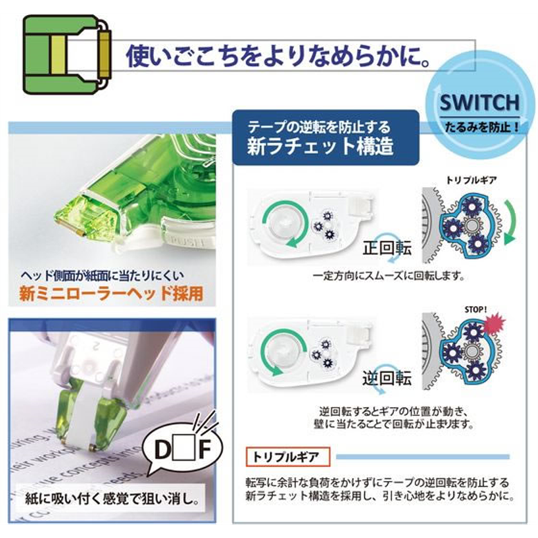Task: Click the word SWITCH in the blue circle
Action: pos(479,103)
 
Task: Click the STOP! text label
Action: pos(475,310)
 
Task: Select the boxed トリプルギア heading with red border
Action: pos(288,457)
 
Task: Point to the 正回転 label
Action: pos(387,247)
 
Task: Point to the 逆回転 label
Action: pos(387,379)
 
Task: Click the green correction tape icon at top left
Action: pos(67,54)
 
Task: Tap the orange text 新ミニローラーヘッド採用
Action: pos(112,294)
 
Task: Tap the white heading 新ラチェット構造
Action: pos(320,147)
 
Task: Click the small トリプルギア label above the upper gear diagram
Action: pos(471,180)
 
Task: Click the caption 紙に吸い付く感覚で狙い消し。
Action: pos(112,499)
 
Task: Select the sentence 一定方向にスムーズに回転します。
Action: pos(389,276)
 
